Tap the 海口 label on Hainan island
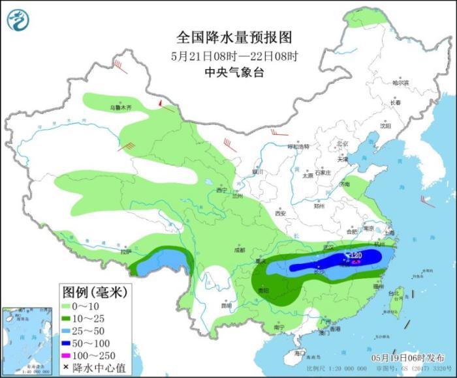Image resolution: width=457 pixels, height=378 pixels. (x=300, y=353)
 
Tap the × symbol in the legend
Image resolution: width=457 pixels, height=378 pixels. (x=67, y=367)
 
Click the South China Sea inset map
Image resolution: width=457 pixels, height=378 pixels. (x=25, y=342)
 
